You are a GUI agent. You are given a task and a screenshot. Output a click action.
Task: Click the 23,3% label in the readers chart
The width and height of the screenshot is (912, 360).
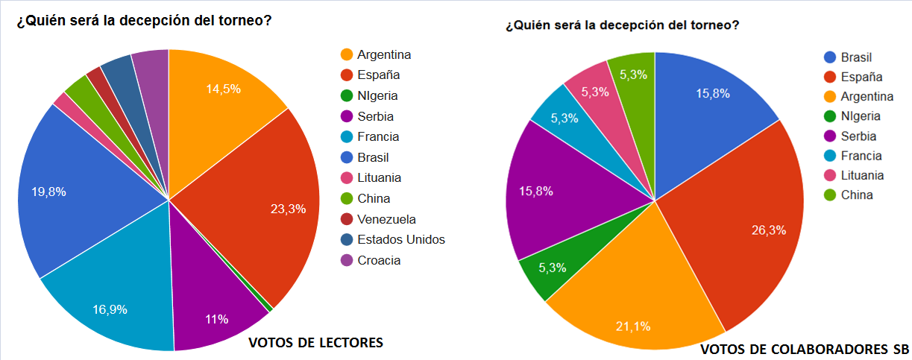[x=288, y=209]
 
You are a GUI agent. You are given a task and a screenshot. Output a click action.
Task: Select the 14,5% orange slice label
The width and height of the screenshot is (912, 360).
[x=223, y=88]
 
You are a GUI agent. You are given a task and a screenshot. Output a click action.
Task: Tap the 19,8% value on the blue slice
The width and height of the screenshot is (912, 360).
[x=48, y=192]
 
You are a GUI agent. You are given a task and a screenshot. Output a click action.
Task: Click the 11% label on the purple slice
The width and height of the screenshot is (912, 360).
[x=216, y=319]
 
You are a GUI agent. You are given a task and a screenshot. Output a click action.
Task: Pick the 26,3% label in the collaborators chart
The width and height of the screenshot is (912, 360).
[x=768, y=230]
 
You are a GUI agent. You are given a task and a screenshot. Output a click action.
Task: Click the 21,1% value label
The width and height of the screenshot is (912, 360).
[x=633, y=325]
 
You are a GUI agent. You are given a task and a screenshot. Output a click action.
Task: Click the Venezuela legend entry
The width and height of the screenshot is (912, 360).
[x=386, y=219]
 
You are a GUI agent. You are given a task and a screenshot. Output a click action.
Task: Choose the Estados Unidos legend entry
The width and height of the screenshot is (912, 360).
[x=400, y=239]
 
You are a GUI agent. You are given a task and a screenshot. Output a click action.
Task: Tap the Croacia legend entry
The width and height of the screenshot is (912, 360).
[x=379, y=260]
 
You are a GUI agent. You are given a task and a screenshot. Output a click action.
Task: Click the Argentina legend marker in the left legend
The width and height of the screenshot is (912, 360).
[x=346, y=54]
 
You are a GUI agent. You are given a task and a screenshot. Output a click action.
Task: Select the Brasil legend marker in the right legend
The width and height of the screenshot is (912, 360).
[x=830, y=57]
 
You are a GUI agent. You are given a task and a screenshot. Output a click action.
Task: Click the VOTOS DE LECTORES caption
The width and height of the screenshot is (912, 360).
[x=315, y=343]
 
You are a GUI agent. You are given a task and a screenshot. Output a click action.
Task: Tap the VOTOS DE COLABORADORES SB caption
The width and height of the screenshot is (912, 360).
[x=805, y=350]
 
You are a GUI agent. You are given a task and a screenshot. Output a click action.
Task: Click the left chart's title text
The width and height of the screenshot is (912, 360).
[x=144, y=20]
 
